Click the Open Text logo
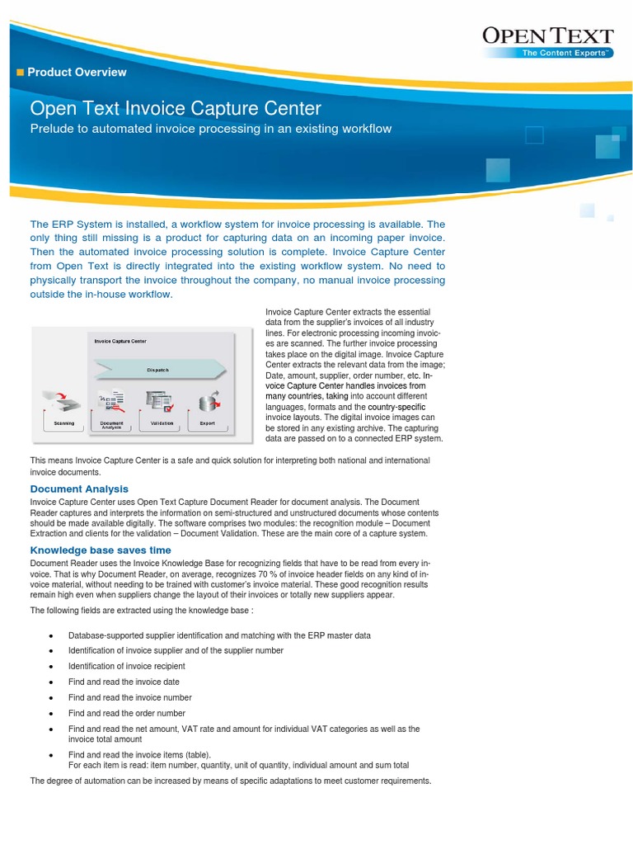tap(546, 35)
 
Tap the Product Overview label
tap(77, 72)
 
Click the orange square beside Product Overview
tap(21, 73)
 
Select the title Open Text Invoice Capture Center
tap(176, 109)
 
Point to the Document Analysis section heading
tap(79, 489)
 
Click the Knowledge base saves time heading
tap(101, 550)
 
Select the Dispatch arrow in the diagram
tap(158, 370)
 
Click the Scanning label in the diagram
tap(63, 423)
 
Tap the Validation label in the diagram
tap(161, 423)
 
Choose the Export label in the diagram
tap(207, 423)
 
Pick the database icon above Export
tap(208, 400)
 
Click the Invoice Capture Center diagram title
tap(120, 340)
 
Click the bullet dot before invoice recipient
tap(52, 666)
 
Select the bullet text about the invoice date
tap(124, 682)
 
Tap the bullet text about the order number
tap(126, 713)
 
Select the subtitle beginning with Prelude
tap(210, 129)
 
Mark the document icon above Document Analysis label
tap(112, 400)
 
